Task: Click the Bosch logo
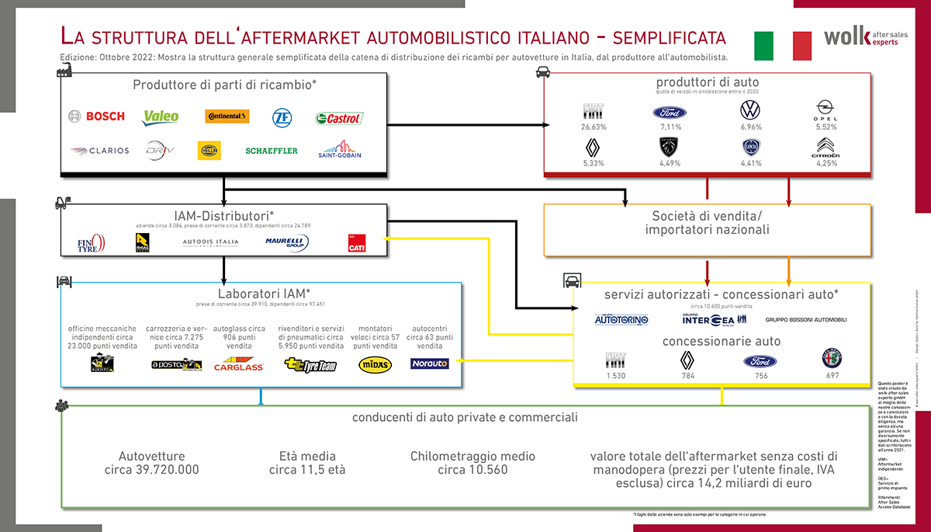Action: coord(96,116)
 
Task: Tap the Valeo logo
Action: coord(161,116)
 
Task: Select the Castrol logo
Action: coord(339,118)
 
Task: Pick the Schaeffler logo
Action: coord(272,151)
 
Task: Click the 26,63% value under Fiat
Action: coord(594,127)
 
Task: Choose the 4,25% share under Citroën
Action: coord(828,164)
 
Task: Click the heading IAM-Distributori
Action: coord(223,215)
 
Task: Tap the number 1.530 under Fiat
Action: coord(615,376)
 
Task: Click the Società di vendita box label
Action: coord(708,222)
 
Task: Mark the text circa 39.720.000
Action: coord(152,470)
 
